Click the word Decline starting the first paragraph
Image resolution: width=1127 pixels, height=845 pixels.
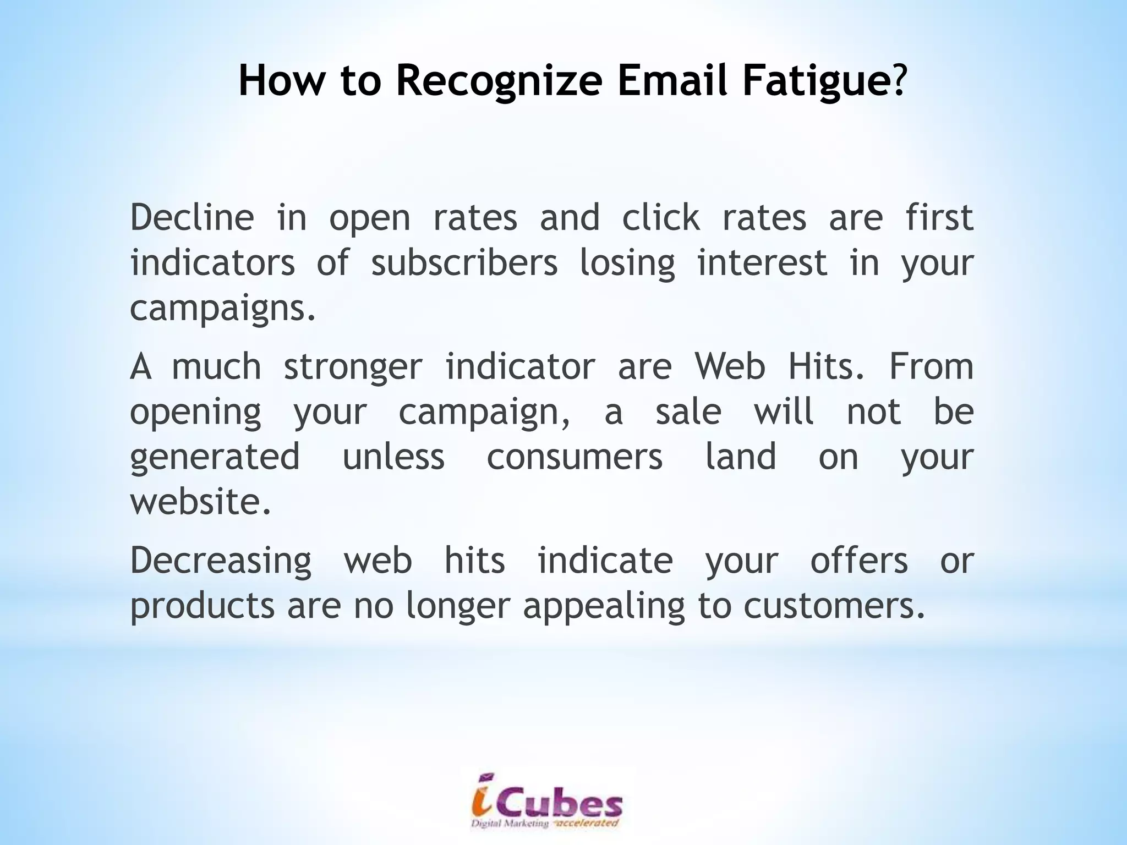(192, 217)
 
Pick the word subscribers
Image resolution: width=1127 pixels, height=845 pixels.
(464, 262)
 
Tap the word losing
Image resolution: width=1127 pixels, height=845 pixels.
(627, 264)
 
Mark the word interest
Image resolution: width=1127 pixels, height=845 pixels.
(762, 262)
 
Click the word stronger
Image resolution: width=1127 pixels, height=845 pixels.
(353, 367)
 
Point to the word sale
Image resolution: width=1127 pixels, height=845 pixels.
(688, 411)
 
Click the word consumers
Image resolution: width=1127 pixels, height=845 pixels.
(575, 457)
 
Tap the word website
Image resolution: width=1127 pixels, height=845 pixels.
(200, 501)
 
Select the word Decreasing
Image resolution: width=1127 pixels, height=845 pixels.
(221, 561)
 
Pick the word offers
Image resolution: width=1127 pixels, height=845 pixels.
(859, 560)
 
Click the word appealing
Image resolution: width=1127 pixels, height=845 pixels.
(604, 606)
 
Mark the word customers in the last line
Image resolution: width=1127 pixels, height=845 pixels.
(833, 605)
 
